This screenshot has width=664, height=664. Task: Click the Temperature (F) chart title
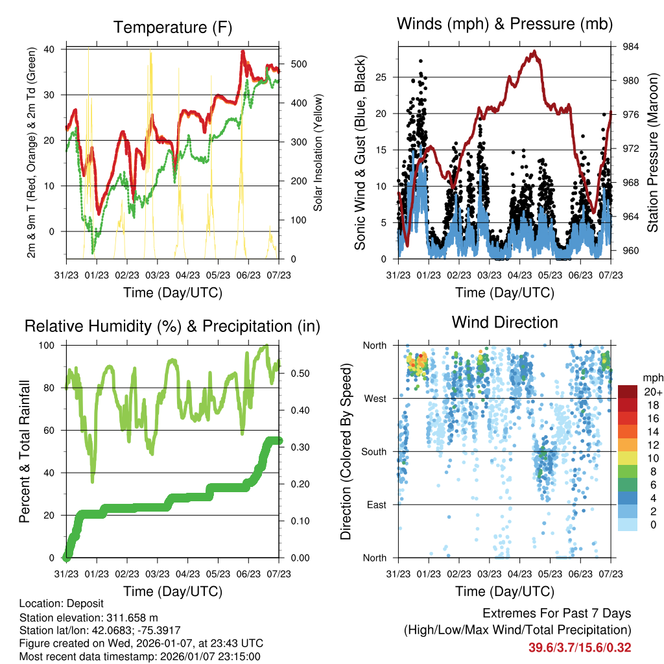tap(172, 28)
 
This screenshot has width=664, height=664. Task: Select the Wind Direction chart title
tap(504, 322)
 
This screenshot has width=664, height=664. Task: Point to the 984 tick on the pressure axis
tap(631, 47)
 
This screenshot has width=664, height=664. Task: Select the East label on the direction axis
tap(375, 504)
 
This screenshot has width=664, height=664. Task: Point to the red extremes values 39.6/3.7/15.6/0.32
tap(580, 647)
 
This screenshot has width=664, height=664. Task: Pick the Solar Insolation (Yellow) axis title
tap(318, 153)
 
